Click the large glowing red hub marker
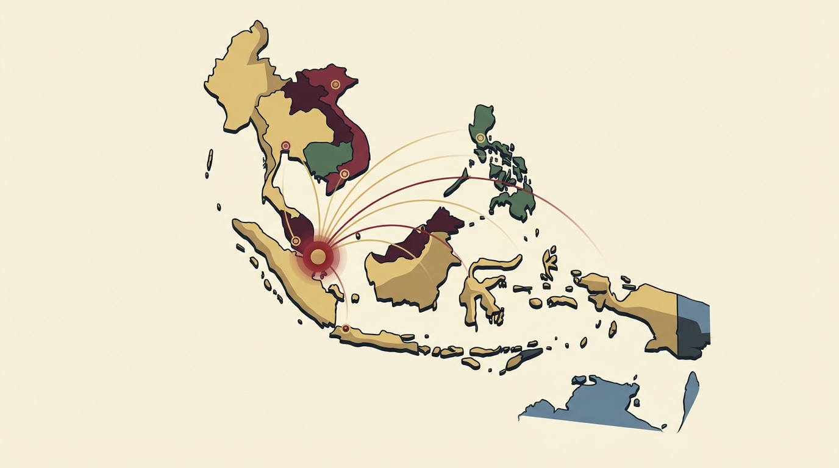[x=318, y=256]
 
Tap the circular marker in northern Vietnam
[x=335, y=84]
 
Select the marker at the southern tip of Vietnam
[x=344, y=174]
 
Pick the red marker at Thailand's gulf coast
[x=285, y=146]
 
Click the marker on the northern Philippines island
[x=480, y=138]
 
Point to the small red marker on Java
[x=346, y=328]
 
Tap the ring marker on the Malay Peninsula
[x=296, y=241]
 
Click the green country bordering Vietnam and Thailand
[x=329, y=158]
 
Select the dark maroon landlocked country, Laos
[x=305, y=97]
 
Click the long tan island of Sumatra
[x=287, y=268]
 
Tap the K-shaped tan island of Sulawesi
[x=482, y=286]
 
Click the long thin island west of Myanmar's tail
[x=210, y=160]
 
